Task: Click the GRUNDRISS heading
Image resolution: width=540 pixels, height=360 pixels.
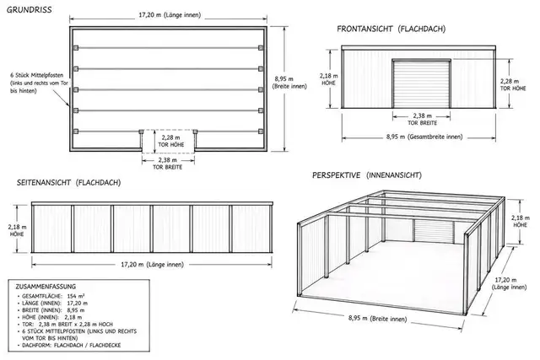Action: coord(30,9)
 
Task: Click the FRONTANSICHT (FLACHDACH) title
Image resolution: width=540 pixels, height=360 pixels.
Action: coord(391,29)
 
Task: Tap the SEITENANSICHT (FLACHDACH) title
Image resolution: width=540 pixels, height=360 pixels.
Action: coord(69,183)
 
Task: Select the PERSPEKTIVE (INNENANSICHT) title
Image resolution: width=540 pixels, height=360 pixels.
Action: coord(367,175)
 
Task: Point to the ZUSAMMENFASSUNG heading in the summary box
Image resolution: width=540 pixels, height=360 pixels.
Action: coord(46,287)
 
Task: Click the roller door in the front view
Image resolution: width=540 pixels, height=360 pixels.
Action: coord(422,83)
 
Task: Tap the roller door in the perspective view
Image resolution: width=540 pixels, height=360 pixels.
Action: coord(434,232)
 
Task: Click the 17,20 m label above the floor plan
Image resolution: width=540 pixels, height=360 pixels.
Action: coord(170,15)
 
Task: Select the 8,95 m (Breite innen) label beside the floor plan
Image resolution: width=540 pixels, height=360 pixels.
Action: coord(289,83)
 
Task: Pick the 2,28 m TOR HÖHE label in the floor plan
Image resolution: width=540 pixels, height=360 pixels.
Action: coord(170,141)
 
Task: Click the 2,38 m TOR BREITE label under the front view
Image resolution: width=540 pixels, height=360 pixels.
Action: coord(422,119)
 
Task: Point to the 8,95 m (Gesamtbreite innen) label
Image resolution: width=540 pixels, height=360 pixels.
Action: coord(424,137)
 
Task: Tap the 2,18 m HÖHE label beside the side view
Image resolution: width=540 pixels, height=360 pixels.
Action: coord(17,230)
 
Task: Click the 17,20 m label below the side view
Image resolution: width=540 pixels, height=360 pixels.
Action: coord(152,265)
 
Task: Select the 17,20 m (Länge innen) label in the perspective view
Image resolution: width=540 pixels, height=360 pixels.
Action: coord(509,283)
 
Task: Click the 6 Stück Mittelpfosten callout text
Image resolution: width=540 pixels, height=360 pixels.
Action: coord(39,83)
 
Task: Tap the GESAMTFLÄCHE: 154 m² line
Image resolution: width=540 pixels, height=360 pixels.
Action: coord(53,296)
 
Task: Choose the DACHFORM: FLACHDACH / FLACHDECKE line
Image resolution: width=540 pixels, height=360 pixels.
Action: coord(71,345)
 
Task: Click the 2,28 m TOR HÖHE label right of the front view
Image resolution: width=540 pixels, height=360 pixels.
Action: coord(513,84)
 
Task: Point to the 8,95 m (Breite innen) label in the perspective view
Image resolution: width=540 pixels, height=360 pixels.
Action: coord(377,319)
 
